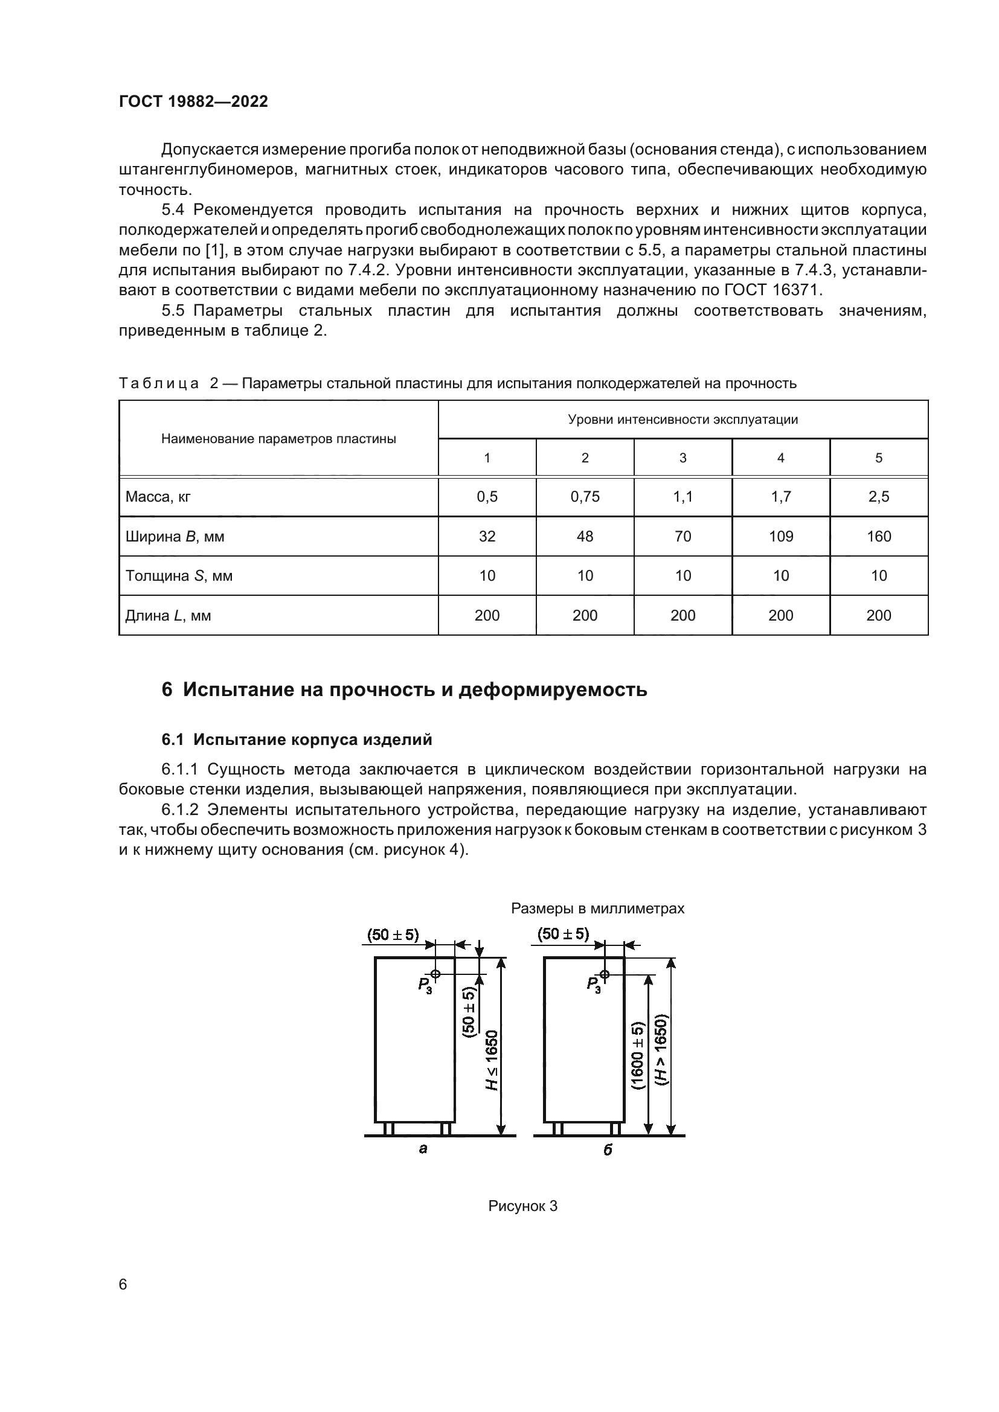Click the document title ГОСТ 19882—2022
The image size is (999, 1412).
193,101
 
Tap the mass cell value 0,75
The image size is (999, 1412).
585,497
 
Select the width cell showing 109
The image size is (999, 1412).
780,536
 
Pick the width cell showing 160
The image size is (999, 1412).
878,536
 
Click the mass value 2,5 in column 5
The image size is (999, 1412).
878,497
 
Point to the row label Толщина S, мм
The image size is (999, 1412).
179,576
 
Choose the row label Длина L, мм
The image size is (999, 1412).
168,616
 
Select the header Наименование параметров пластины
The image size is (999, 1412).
278,438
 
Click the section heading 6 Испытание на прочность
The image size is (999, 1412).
404,689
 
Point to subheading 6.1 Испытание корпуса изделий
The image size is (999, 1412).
297,740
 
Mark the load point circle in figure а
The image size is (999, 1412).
435,974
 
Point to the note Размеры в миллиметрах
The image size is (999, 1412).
597,909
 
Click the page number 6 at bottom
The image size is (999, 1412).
123,1284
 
